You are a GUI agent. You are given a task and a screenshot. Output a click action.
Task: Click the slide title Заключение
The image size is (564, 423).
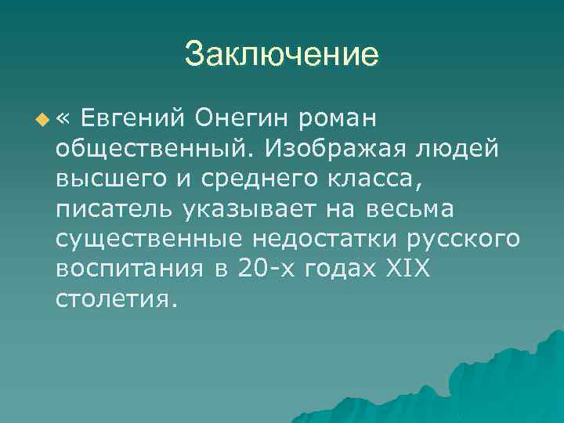click(282, 56)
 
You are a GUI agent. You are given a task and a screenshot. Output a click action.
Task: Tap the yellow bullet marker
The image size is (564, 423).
click(42, 120)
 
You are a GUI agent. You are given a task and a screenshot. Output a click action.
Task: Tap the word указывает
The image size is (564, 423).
click(252, 209)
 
